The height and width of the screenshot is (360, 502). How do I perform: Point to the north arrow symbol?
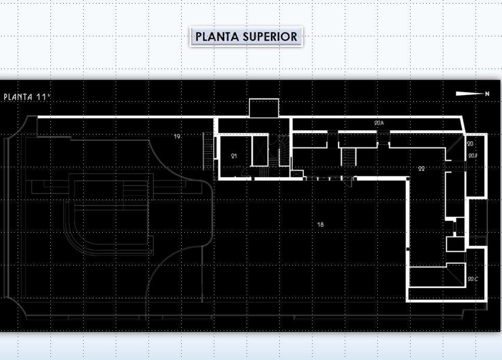tap(469, 94)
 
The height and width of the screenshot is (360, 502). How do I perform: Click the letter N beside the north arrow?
tap(487, 94)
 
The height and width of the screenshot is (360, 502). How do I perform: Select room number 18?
tap(320, 224)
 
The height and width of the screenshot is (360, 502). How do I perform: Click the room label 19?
tap(177, 137)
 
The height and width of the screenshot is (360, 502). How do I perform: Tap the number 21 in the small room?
tap(234, 155)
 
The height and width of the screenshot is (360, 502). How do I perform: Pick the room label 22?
tap(421, 168)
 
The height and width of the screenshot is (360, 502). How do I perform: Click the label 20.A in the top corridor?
tap(378, 123)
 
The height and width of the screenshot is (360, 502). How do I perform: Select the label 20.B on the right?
tap(472, 155)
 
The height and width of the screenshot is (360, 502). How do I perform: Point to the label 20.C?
tap(472, 279)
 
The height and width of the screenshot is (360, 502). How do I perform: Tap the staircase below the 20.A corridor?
tap(348, 156)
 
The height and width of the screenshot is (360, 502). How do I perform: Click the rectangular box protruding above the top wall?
tap(264, 108)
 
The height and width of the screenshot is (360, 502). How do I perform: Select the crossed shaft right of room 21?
tap(259, 151)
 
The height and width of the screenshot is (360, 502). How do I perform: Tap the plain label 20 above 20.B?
tap(470, 143)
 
